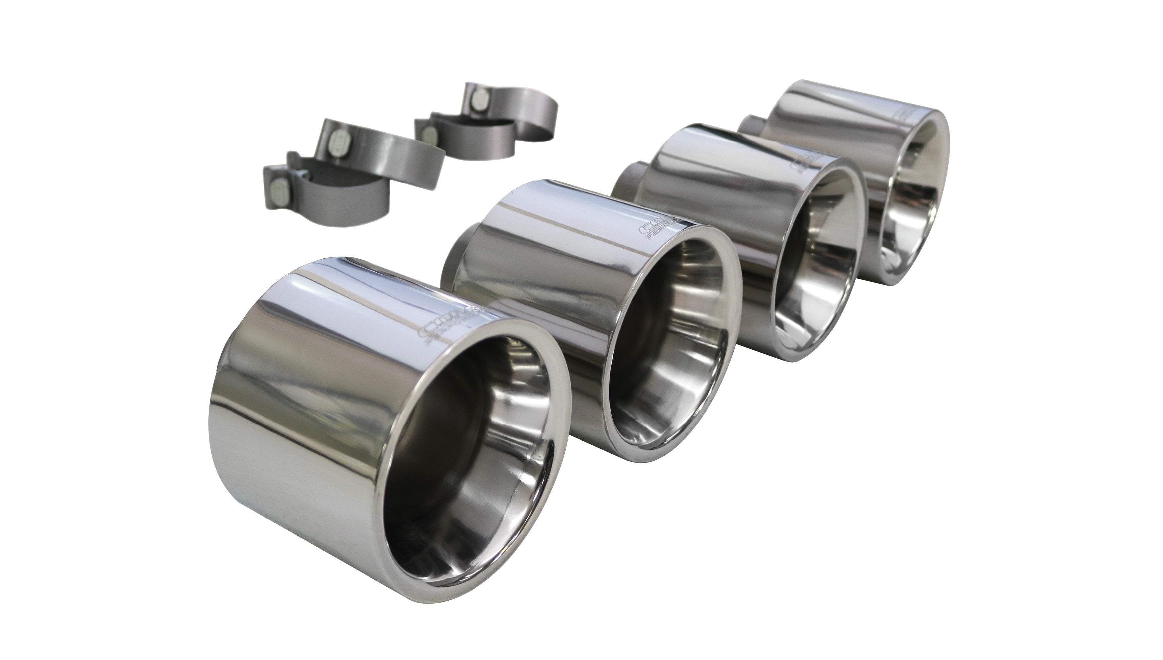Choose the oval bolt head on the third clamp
[426, 132]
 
